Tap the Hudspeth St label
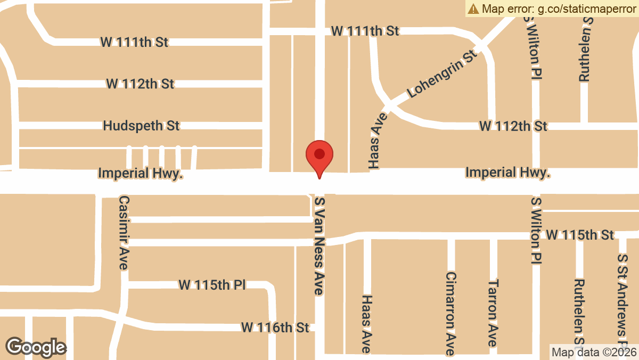141,126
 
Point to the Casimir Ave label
124,233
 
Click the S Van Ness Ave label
319,246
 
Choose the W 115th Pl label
212,285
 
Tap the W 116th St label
275,327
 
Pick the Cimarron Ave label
451,314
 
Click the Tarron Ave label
494,313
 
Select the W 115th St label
580,235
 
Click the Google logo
36,347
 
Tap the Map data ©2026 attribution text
594,352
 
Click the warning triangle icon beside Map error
473,9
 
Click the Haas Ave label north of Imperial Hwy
374,144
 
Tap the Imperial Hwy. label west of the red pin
141,174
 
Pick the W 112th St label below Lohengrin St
513,126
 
